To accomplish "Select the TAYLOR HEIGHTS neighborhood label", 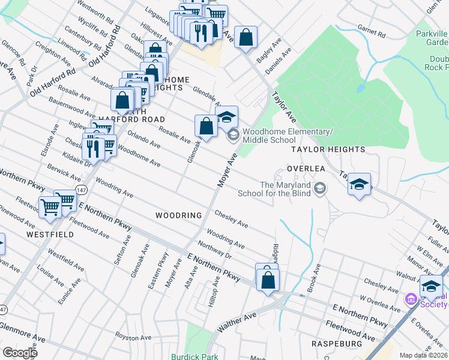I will (328, 149).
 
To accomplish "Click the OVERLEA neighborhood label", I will (306, 169).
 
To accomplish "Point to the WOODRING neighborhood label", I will (178, 215).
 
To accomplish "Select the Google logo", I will (20, 352).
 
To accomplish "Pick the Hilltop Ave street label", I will (214, 293).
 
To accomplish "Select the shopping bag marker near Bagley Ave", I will (246, 37).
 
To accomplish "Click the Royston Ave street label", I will (131, 337).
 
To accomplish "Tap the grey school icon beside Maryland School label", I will (320, 189).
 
